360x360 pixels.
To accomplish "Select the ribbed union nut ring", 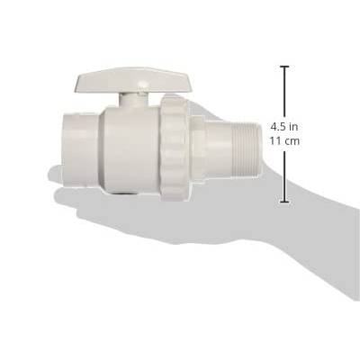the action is pos(175,148).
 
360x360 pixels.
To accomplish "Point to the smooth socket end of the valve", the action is pos(80,149).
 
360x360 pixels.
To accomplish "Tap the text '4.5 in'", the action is pos(284,127).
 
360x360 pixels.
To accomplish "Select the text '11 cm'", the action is pos(284,140).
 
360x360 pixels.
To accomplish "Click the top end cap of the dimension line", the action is pos(284,66).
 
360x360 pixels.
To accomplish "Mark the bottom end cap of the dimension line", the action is pos(284,202).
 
